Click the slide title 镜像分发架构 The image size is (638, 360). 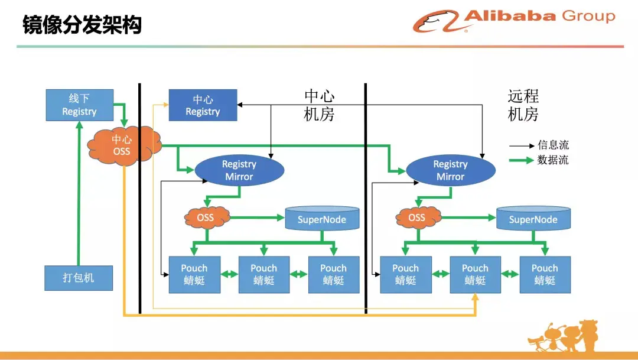pos(82,25)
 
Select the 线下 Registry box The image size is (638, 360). pos(79,105)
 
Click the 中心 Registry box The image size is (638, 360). pos(203,105)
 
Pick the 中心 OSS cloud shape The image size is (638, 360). pos(122,145)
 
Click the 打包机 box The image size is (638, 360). pos(79,278)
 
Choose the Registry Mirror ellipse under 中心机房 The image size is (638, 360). pos(239,170)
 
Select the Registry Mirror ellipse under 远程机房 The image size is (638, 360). pos(450,170)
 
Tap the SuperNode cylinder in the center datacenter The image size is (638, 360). pos(322,219)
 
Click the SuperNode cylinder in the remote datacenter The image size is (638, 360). pos(533,219)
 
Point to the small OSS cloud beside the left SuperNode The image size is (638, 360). pos(206,218)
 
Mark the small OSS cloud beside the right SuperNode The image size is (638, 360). pos(416,218)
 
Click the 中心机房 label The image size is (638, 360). pos(319,105)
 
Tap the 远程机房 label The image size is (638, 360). pos(523,105)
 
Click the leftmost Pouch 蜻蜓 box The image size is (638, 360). pos(194,274)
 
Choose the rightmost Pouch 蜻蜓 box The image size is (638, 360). pos(545,274)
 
